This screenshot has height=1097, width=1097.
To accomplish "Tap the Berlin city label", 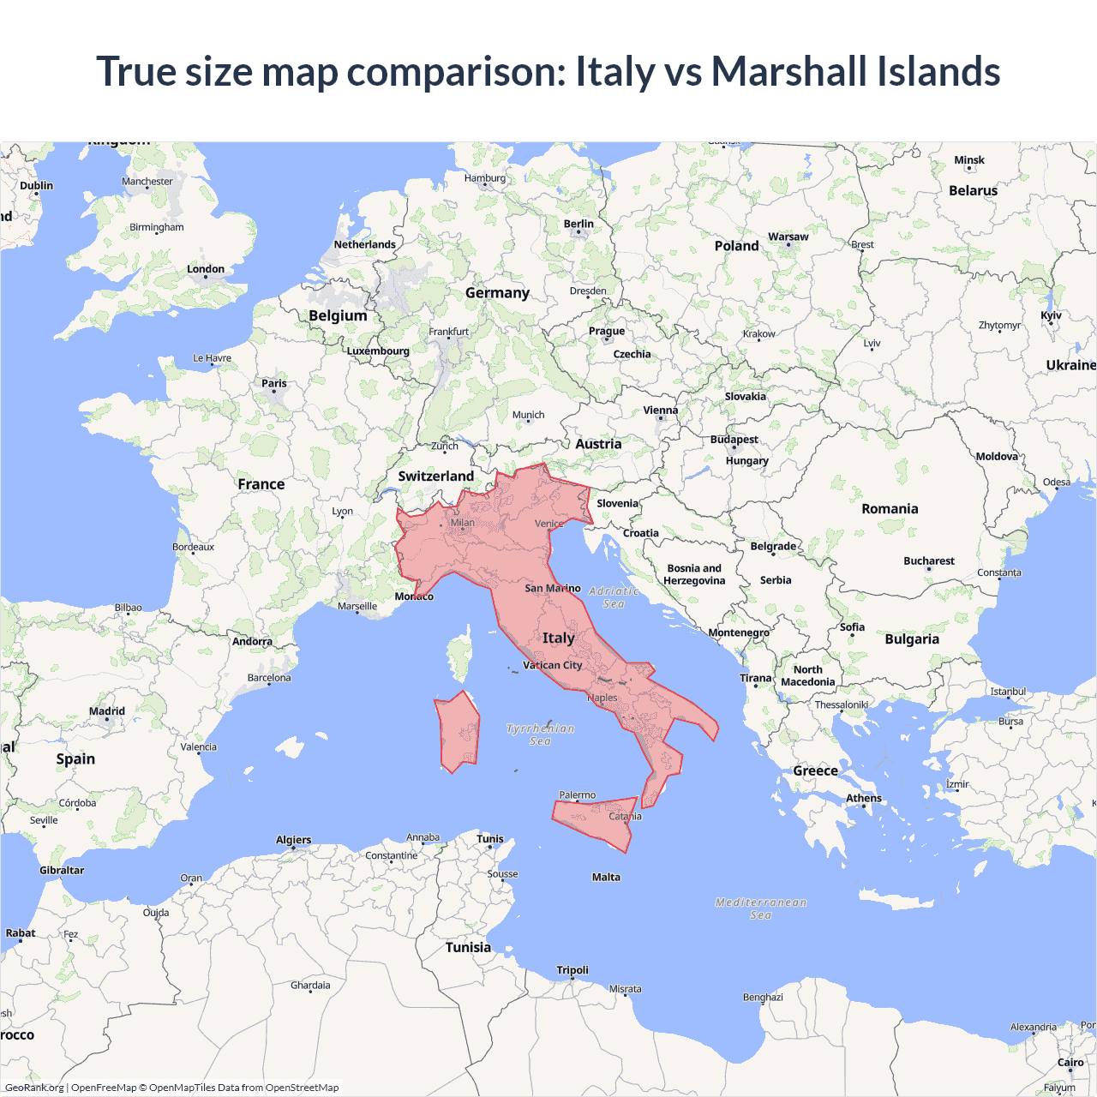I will pyautogui.click(x=578, y=224).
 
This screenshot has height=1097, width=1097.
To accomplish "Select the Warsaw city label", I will pyautogui.click(x=788, y=237).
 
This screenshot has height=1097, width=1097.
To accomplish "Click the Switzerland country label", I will pyautogui.click(x=435, y=476).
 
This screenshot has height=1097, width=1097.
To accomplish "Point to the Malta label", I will pyautogui.click(x=606, y=877).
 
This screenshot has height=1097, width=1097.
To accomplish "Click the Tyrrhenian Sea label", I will pyautogui.click(x=540, y=734).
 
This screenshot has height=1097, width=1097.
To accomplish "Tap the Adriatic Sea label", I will pyautogui.click(x=614, y=597).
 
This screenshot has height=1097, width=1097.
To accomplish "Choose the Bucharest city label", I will pyautogui.click(x=928, y=560).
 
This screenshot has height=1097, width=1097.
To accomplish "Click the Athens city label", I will pyautogui.click(x=863, y=798).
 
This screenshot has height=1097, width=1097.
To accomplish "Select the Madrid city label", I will pyautogui.click(x=107, y=711).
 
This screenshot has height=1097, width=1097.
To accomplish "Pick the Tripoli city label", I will pyautogui.click(x=572, y=970).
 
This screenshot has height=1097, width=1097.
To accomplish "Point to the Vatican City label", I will pyautogui.click(x=552, y=665).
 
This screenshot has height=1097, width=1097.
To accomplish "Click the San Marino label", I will pyautogui.click(x=552, y=588).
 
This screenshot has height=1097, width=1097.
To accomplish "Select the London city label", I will pyautogui.click(x=206, y=269).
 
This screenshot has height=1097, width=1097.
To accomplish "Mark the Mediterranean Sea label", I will pyautogui.click(x=761, y=908).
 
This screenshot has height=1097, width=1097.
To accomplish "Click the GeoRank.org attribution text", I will pyautogui.click(x=34, y=1088).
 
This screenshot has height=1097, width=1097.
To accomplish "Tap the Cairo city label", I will pyautogui.click(x=1070, y=1062).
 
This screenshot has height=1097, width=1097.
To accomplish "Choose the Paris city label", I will pyautogui.click(x=274, y=383).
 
